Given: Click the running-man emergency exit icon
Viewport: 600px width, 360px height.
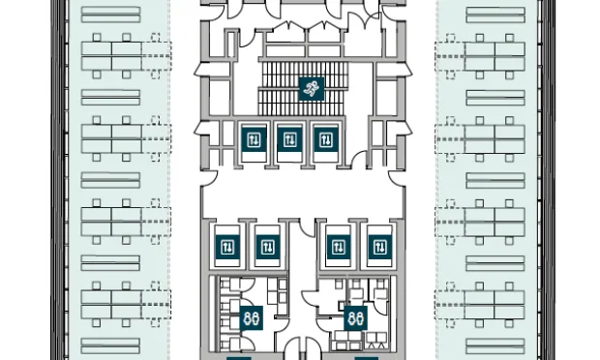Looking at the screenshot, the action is [x=311, y=89].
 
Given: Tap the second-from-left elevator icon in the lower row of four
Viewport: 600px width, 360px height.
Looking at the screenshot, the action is [x=265, y=247].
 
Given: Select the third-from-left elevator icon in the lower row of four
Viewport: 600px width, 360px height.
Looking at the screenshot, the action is [x=338, y=247].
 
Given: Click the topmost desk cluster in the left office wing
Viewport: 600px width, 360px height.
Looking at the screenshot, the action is [x=112, y=55].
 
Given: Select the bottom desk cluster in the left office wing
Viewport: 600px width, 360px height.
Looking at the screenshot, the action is [x=112, y=303].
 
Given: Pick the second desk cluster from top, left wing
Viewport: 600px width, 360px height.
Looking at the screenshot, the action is [x=112, y=137].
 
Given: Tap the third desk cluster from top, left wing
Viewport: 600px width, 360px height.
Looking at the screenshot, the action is [x=112, y=221].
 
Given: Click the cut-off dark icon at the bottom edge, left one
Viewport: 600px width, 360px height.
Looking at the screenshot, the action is [x=240, y=357].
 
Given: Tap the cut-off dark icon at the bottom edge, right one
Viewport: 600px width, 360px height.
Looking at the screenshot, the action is [x=366, y=357].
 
